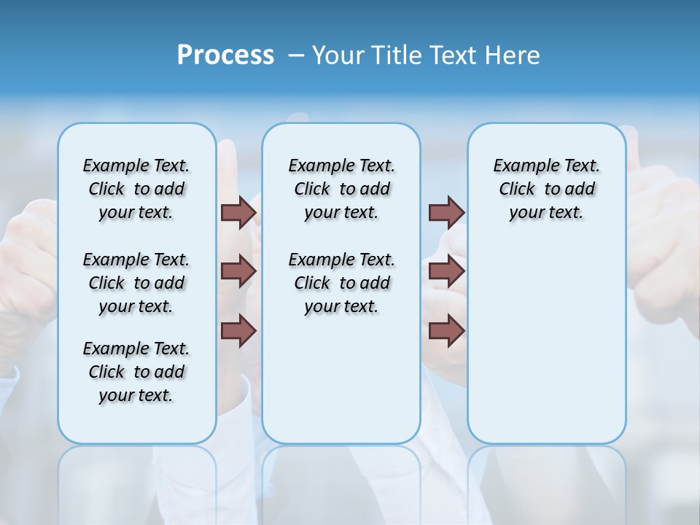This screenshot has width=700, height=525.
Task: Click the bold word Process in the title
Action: [x=225, y=55]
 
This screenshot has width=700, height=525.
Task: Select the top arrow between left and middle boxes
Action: [x=238, y=212]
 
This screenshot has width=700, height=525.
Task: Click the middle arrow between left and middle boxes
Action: [x=238, y=272]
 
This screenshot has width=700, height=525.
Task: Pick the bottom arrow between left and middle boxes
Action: [x=238, y=331]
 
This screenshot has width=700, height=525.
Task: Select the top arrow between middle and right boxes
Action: [x=446, y=212]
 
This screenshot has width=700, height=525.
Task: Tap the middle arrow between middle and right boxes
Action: [x=446, y=272]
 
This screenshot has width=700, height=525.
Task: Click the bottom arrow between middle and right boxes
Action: [x=446, y=331]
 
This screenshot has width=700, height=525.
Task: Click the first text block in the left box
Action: [x=136, y=189]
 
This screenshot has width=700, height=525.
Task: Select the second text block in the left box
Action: [x=136, y=283]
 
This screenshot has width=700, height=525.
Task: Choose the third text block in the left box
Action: [x=136, y=372]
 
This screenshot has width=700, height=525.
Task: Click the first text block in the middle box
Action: [x=341, y=189]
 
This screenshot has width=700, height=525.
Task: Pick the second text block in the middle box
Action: [x=341, y=283]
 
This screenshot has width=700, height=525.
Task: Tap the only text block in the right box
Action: [x=547, y=189]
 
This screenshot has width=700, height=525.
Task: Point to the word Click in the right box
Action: [x=517, y=190]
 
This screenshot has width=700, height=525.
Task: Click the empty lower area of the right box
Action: [x=547, y=343]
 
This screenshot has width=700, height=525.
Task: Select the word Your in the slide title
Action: [x=336, y=55]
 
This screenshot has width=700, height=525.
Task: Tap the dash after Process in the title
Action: [x=296, y=55]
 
